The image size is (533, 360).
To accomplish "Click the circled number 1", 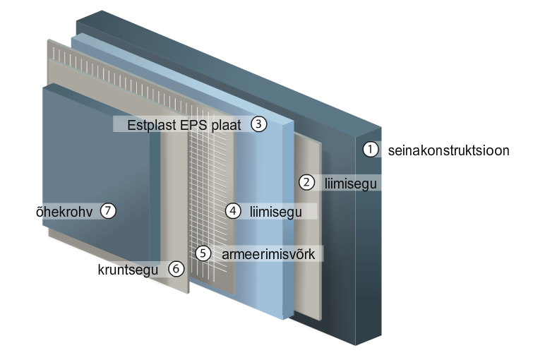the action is (x=370, y=150).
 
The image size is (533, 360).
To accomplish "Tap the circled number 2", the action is (x=306, y=183).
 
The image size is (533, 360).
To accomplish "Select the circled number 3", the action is (x=258, y=124).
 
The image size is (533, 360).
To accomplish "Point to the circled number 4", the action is (x=233, y=211).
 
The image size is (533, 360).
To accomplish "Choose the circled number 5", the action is (x=203, y=253).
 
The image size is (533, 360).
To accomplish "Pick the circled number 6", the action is (x=176, y=269).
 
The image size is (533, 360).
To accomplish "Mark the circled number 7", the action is (x=108, y=211).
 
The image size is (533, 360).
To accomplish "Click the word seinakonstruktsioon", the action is (x=449, y=150).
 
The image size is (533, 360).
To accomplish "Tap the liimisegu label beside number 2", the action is (x=350, y=184).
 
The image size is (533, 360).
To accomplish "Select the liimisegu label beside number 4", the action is (x=276, y=212).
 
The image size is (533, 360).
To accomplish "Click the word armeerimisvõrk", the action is (x=268, y=254).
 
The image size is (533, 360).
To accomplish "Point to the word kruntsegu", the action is (x=128, y=270).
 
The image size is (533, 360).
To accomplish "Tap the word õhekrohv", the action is (x=64, y=212).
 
